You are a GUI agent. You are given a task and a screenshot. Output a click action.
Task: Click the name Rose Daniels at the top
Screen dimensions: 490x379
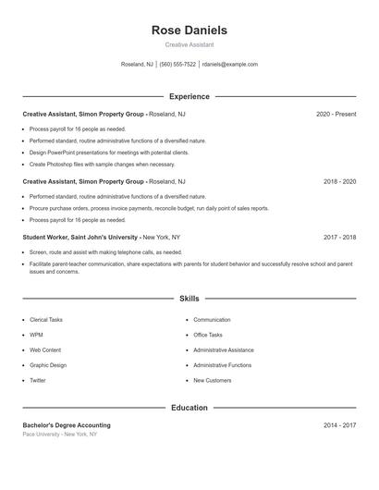189,31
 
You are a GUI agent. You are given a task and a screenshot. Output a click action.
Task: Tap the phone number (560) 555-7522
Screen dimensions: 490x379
177,65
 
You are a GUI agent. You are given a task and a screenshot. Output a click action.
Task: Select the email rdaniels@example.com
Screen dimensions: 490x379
230,65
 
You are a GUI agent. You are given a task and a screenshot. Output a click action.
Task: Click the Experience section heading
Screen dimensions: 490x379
189,96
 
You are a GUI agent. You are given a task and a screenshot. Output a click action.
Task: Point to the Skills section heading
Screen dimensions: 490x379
189,300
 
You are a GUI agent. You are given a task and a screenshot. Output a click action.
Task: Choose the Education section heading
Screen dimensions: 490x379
189,408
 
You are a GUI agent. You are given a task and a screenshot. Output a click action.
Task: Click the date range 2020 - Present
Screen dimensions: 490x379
336,114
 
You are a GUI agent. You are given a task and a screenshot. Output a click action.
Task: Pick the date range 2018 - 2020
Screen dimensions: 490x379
339,182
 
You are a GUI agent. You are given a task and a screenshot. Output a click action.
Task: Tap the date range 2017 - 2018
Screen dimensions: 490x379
339,238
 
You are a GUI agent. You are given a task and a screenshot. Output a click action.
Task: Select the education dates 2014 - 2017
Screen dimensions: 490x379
339,425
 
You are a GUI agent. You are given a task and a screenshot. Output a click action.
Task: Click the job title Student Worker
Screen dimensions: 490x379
54,238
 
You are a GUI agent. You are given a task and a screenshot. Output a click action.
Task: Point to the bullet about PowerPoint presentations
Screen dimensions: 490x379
108,152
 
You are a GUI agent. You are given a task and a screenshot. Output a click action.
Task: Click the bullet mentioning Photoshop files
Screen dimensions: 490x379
102,164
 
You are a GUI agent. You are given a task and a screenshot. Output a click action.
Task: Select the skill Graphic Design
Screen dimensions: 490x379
48,365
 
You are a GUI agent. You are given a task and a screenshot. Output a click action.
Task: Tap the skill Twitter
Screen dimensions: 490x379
37,380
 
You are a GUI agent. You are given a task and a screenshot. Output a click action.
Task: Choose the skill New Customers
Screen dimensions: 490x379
213,380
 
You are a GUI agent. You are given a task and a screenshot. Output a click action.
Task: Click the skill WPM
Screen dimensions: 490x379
36,335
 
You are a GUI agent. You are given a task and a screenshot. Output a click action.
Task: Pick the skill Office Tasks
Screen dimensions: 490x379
208,335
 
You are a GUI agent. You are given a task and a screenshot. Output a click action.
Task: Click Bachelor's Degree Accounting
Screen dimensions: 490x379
67,425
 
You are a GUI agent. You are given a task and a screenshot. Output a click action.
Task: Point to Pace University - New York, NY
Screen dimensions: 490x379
59,434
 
